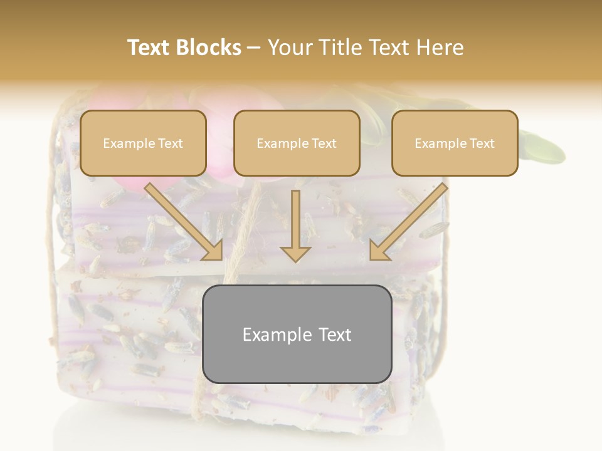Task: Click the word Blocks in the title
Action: coord(209,48)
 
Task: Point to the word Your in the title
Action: coord(285,48)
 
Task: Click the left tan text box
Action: coord(143,143)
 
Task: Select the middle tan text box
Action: coord(297,143)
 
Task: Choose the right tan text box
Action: coord(455,143)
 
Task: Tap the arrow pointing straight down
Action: coord(295,225)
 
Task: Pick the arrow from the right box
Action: coord(408,222)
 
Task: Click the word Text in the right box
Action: coord(482,143)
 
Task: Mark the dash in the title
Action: coord(255,48)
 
